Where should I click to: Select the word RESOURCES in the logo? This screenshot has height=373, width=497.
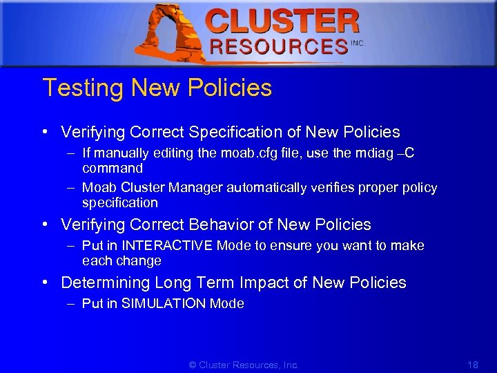pyautogui.click(x=278, y=47)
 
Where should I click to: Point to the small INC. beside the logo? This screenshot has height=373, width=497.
pyautogui.click(x=357, y=43)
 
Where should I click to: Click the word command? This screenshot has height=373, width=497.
pyautogui.click(x=112, y=169)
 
